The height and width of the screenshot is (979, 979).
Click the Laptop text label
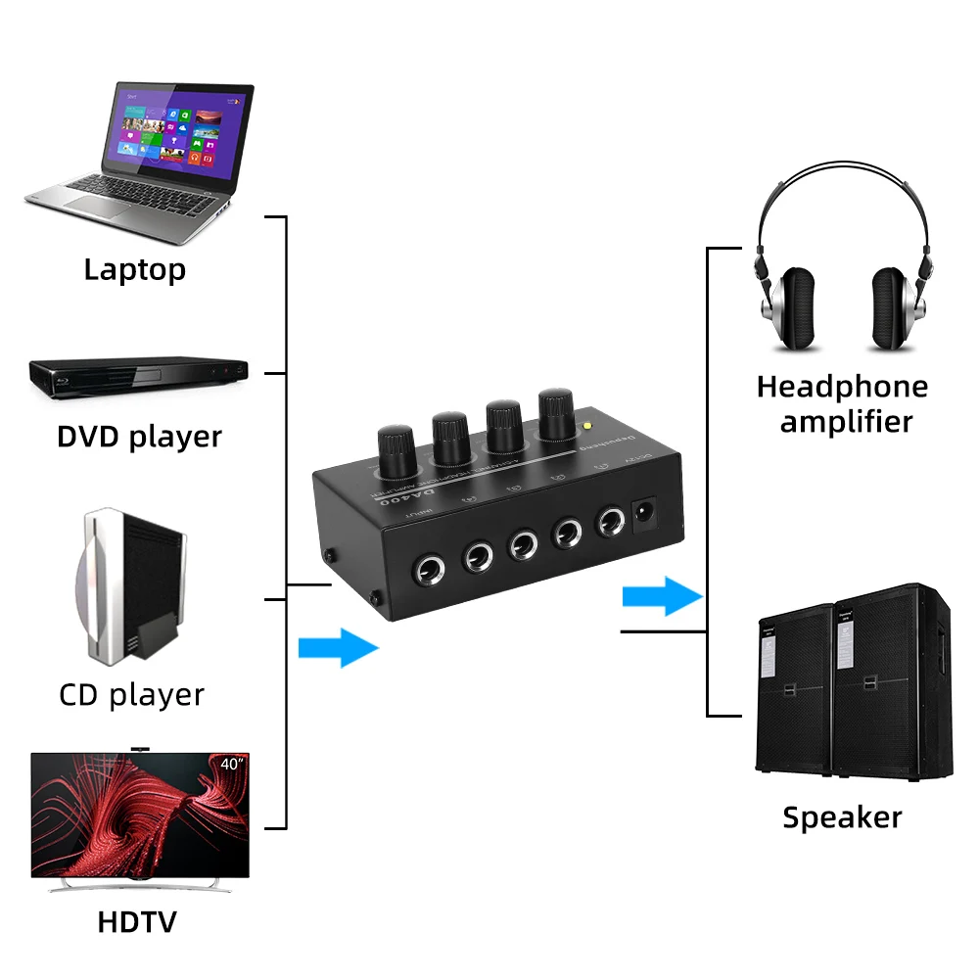coord(134,269)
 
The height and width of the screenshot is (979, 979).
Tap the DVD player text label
coord(139,437)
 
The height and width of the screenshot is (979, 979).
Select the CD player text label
coord(131,695)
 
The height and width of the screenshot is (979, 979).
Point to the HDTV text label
coord(137,921)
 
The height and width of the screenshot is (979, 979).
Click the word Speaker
coord(842,817)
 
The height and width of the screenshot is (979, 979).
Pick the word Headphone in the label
coord(842,387)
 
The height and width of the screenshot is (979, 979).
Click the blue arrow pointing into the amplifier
coord(338,647)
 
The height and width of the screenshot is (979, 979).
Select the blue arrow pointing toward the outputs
coord(663,596)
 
